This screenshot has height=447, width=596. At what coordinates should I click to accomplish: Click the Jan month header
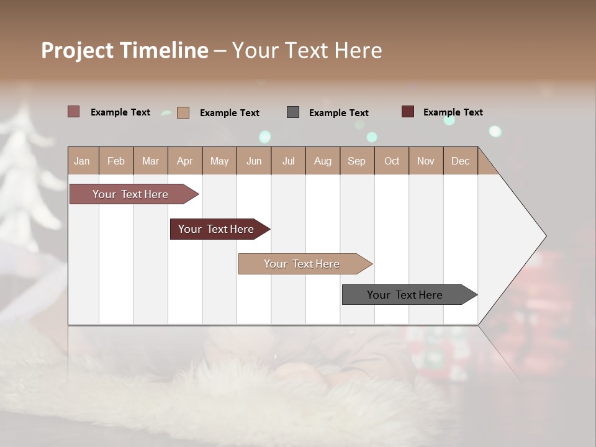coord(83,161)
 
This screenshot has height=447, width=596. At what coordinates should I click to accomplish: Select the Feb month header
coord(116,161)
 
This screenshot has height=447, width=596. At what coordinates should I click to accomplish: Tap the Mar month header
coord(150,161)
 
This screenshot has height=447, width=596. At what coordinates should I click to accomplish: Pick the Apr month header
coord(185,161)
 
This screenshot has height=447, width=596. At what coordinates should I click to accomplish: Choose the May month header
coord(219,161)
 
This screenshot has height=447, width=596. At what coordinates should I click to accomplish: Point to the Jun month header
coord(254,161)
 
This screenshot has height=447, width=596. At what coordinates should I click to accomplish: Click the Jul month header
coord(288,161)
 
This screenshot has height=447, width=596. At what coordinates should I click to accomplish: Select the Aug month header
coord(323,161)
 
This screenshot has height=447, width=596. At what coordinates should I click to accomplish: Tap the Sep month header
coord(357,161)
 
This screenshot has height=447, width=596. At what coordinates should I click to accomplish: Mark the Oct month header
coord(392,161)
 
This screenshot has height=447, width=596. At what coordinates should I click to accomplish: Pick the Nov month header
coord(426,161)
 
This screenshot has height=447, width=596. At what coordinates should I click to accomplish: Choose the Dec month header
coord(460,161)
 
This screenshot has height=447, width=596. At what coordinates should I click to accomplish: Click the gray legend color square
coord(293,112)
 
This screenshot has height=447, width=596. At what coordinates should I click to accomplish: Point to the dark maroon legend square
coord(408,112)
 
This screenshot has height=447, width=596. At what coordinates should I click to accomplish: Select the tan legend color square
coord(183,112)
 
